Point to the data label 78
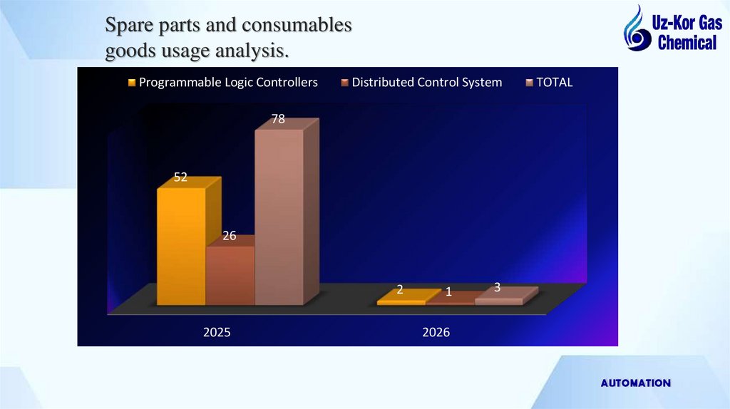pyautogui.click(x=278, y=119)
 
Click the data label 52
pyautogui.click(x=180, y=177)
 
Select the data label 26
pyautogui.click(x=229, y=236)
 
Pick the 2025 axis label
pyautogui.click(x=217, y=332)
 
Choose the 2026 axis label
pyautogui.click(x=436, y=332)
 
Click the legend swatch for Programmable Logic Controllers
pyautogui.click(x=131, y=83)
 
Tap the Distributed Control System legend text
pyautogui.click(x=426, y=83)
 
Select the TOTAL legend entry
pyautogui.click(x=554, y=83)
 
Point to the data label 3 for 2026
pyautogui.click(x=497, y=287)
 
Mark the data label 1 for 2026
pyautogui.click(x=448, y=292)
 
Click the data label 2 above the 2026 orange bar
pyautogui.click(x=400, y=289)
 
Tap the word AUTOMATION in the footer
pyautogui.click(x=635, y=383)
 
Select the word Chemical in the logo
pyautogui.click(x=687, y=43)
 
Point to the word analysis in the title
pyautogui.click(x=251, y=51)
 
